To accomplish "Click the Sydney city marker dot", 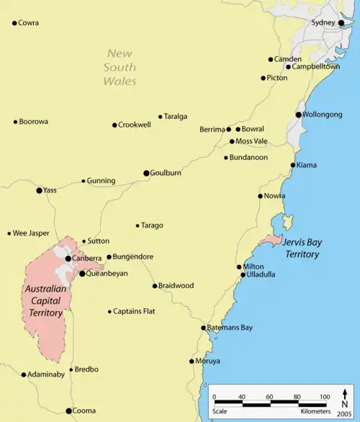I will (x=342, y=23).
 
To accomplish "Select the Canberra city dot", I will (x=68, y=258).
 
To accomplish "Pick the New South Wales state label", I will (x=120, y=67).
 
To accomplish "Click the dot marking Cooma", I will (x=69, y=411).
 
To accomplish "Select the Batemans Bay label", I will (x=230, y=328).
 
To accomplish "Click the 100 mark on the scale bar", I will (x=324, y=397).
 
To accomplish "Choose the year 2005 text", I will (x=345, y=416).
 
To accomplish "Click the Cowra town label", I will (x=29, y=23).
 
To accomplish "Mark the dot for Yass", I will (x=40, y=191).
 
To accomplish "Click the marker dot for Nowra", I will (x=261, y=196).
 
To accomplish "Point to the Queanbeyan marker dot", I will (x=82, y=274).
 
